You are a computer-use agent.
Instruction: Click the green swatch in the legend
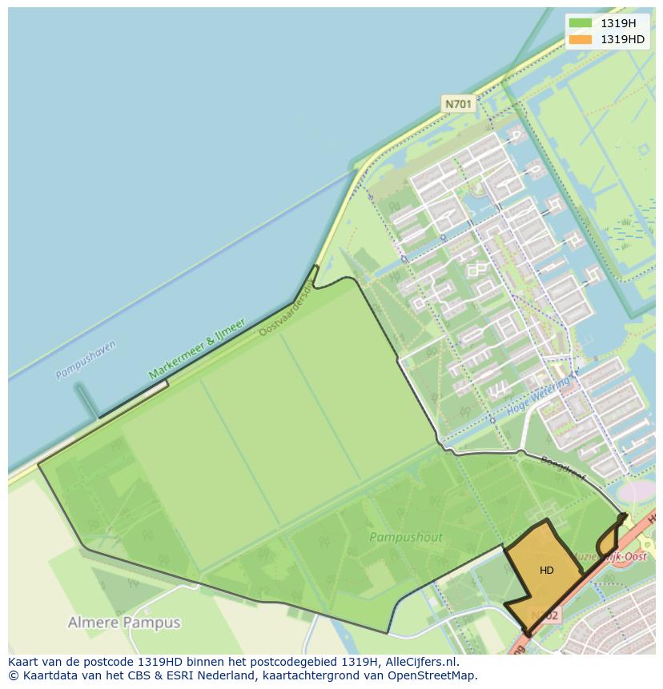pos(580,23)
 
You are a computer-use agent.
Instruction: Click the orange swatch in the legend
pos(580,39)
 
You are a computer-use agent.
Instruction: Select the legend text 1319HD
pos(622,39)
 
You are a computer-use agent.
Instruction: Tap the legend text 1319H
pos(618,23)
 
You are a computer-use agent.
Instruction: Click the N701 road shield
pos(459,104)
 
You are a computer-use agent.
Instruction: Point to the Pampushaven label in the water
pos(86,359)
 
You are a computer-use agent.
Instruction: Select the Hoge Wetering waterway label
pos(540,399)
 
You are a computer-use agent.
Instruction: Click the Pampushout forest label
pos(406,538)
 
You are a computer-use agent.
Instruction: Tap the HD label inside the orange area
pos(546,571)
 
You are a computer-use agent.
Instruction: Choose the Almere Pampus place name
pos(124,623)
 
